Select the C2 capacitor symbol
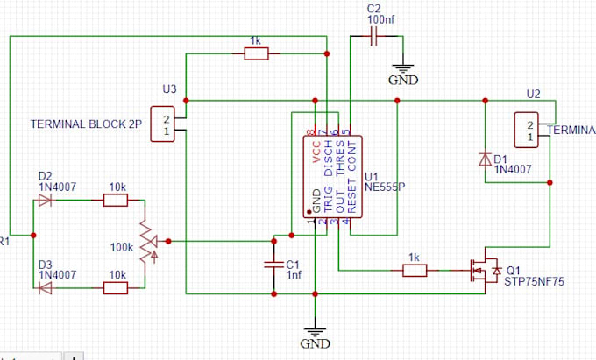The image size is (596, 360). (x=375, y=37)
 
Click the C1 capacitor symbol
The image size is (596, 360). (x=273, y=265)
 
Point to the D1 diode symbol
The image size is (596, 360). (x=485, y=159)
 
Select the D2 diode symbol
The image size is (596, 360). (x=46, y=201)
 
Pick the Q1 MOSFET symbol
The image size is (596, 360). (x=483, y=270)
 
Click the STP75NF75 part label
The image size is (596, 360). (x=535, y=281)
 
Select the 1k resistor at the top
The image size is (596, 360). (x=256, y=54)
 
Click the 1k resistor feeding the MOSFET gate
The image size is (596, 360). (x=414, y=271)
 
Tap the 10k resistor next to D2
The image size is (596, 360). (x=115, y=201)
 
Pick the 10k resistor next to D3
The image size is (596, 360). (x=115, y=287)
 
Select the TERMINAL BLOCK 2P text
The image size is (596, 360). (x=86, y=124)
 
